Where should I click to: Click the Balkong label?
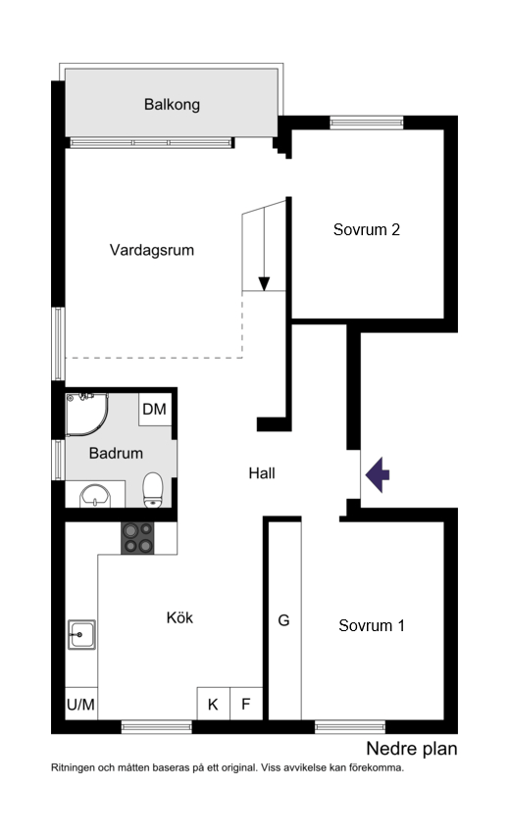tap(172, 104)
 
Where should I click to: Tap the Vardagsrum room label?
tap(152, 250)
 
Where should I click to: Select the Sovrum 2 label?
tap(366, 230)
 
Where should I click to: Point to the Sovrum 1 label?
tap(372, 625)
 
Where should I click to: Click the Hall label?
tap(261, 472)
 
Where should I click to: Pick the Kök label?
tap(179, 617)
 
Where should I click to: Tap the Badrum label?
tap(116, 453)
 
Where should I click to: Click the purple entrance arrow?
tap(378, 474)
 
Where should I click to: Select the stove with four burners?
tap(137, 538)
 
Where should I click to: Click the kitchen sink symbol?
tap(80, 636)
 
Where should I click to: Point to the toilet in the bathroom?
tap(153, 489)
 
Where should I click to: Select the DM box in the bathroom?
tap(154, 410)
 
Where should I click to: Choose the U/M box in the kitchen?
tap(80, 704)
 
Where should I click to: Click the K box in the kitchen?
tap(213, 703)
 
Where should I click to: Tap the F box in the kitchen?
tap(246, 703)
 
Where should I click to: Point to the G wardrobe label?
tap(284, 620)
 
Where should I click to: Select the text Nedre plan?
tap(412, 750)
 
